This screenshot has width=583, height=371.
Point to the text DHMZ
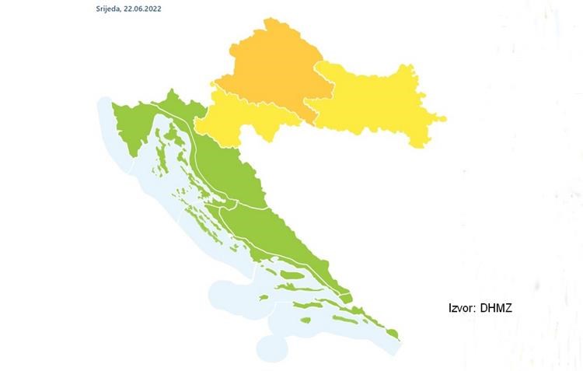pos(497,309)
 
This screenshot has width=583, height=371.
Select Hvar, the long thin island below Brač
pos(291,290)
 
